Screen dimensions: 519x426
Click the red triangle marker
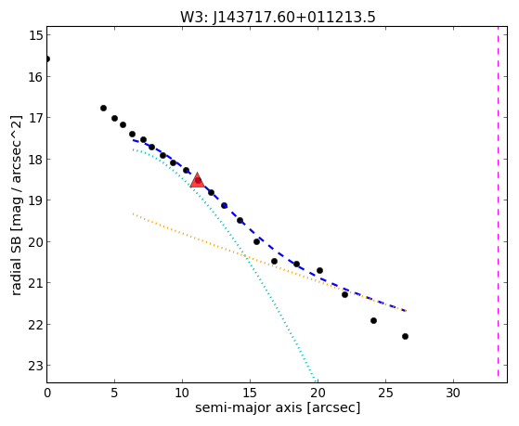click(x=197, y=180)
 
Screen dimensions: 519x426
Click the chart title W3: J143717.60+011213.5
click(x=278, y=18)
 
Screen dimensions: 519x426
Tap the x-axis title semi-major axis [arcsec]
click(x=278, y=407)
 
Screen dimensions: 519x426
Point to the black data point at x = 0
click(x=47, y=58)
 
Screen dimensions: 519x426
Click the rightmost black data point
click(x=405, y=336)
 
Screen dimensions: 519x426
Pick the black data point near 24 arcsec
click(x=373, y=320)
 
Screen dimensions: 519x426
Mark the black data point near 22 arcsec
click(x=344, y=294)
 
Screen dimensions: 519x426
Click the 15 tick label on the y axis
click(x=36, y=35)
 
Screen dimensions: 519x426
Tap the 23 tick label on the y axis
click(x=36, y=366)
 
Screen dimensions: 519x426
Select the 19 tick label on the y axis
click(x=36, y=200)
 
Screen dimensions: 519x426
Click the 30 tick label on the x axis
click(x=453, y=393)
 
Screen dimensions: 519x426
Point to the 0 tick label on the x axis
click(x=47, y=393)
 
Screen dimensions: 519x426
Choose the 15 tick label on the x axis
click(x=250, y=393)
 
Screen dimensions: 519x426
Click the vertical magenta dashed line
click(x=498, y=201)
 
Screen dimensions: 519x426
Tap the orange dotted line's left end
click(x=133, y=213)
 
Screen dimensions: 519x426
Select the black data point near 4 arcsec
click(x=103, y=108)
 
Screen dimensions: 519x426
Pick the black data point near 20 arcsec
click(x=319, y=270)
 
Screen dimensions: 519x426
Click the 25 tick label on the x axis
click(x=385, y=393)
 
